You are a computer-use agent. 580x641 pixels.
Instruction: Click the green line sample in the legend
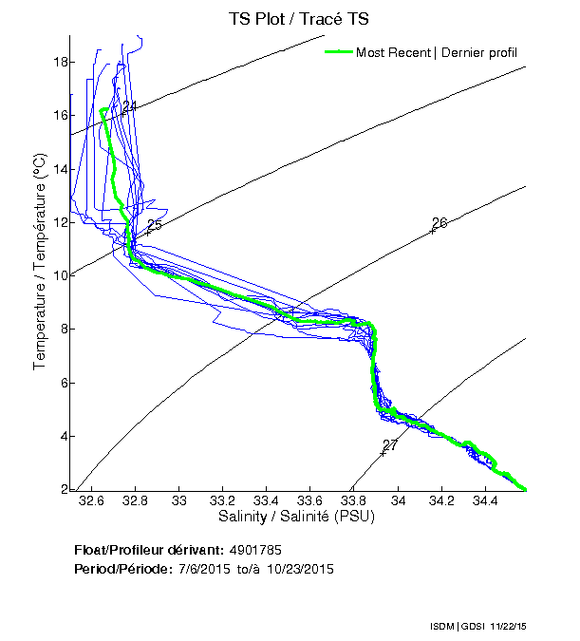[337, 52]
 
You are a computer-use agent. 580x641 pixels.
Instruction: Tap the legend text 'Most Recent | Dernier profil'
[437, 52]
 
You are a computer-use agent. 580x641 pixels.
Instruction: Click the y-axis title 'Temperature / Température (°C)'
[40, 262]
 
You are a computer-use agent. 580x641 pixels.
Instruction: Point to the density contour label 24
[130, 107]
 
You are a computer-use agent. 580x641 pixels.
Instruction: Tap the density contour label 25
[155, 225]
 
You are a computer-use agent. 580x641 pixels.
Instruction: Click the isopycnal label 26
[440, 223]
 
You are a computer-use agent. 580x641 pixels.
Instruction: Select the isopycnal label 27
[390, 445]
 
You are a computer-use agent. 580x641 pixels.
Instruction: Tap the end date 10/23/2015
[300, 569]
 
